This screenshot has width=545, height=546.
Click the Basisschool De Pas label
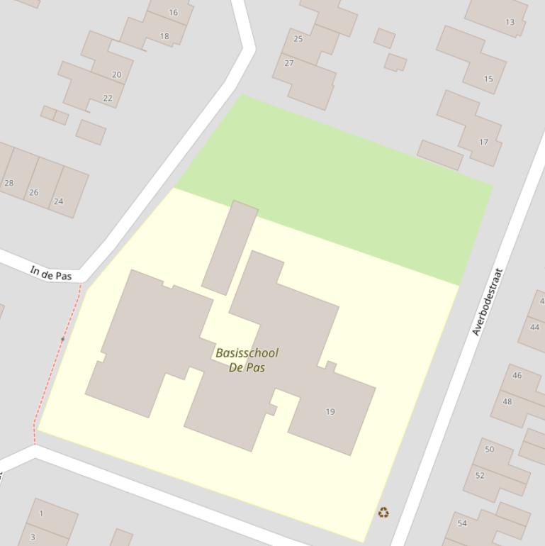tap(247, 360)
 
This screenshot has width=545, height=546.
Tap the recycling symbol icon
tap(383, 512)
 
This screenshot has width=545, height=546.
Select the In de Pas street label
tap(51, 272)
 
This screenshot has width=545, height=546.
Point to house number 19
tap(330, 411)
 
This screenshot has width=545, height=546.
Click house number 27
tap(289, 63)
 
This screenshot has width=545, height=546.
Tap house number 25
tap(298, 39)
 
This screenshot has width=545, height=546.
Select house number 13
tap(510, 22)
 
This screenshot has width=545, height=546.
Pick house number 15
tap(488, 79)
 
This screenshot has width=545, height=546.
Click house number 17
tap(483, 142)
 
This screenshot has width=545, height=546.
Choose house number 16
tap(174, 13)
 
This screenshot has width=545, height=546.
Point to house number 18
tap(164, 36)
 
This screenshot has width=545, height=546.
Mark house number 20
tap(117, 74)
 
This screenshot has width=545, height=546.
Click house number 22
tap(108, 99)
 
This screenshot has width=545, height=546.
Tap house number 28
tap(9, 183)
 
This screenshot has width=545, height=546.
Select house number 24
tap(59, 201)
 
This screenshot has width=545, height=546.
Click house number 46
tap(517, 375)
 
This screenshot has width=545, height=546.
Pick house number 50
tap(490, 450)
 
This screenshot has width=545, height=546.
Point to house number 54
tap(462, 523)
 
